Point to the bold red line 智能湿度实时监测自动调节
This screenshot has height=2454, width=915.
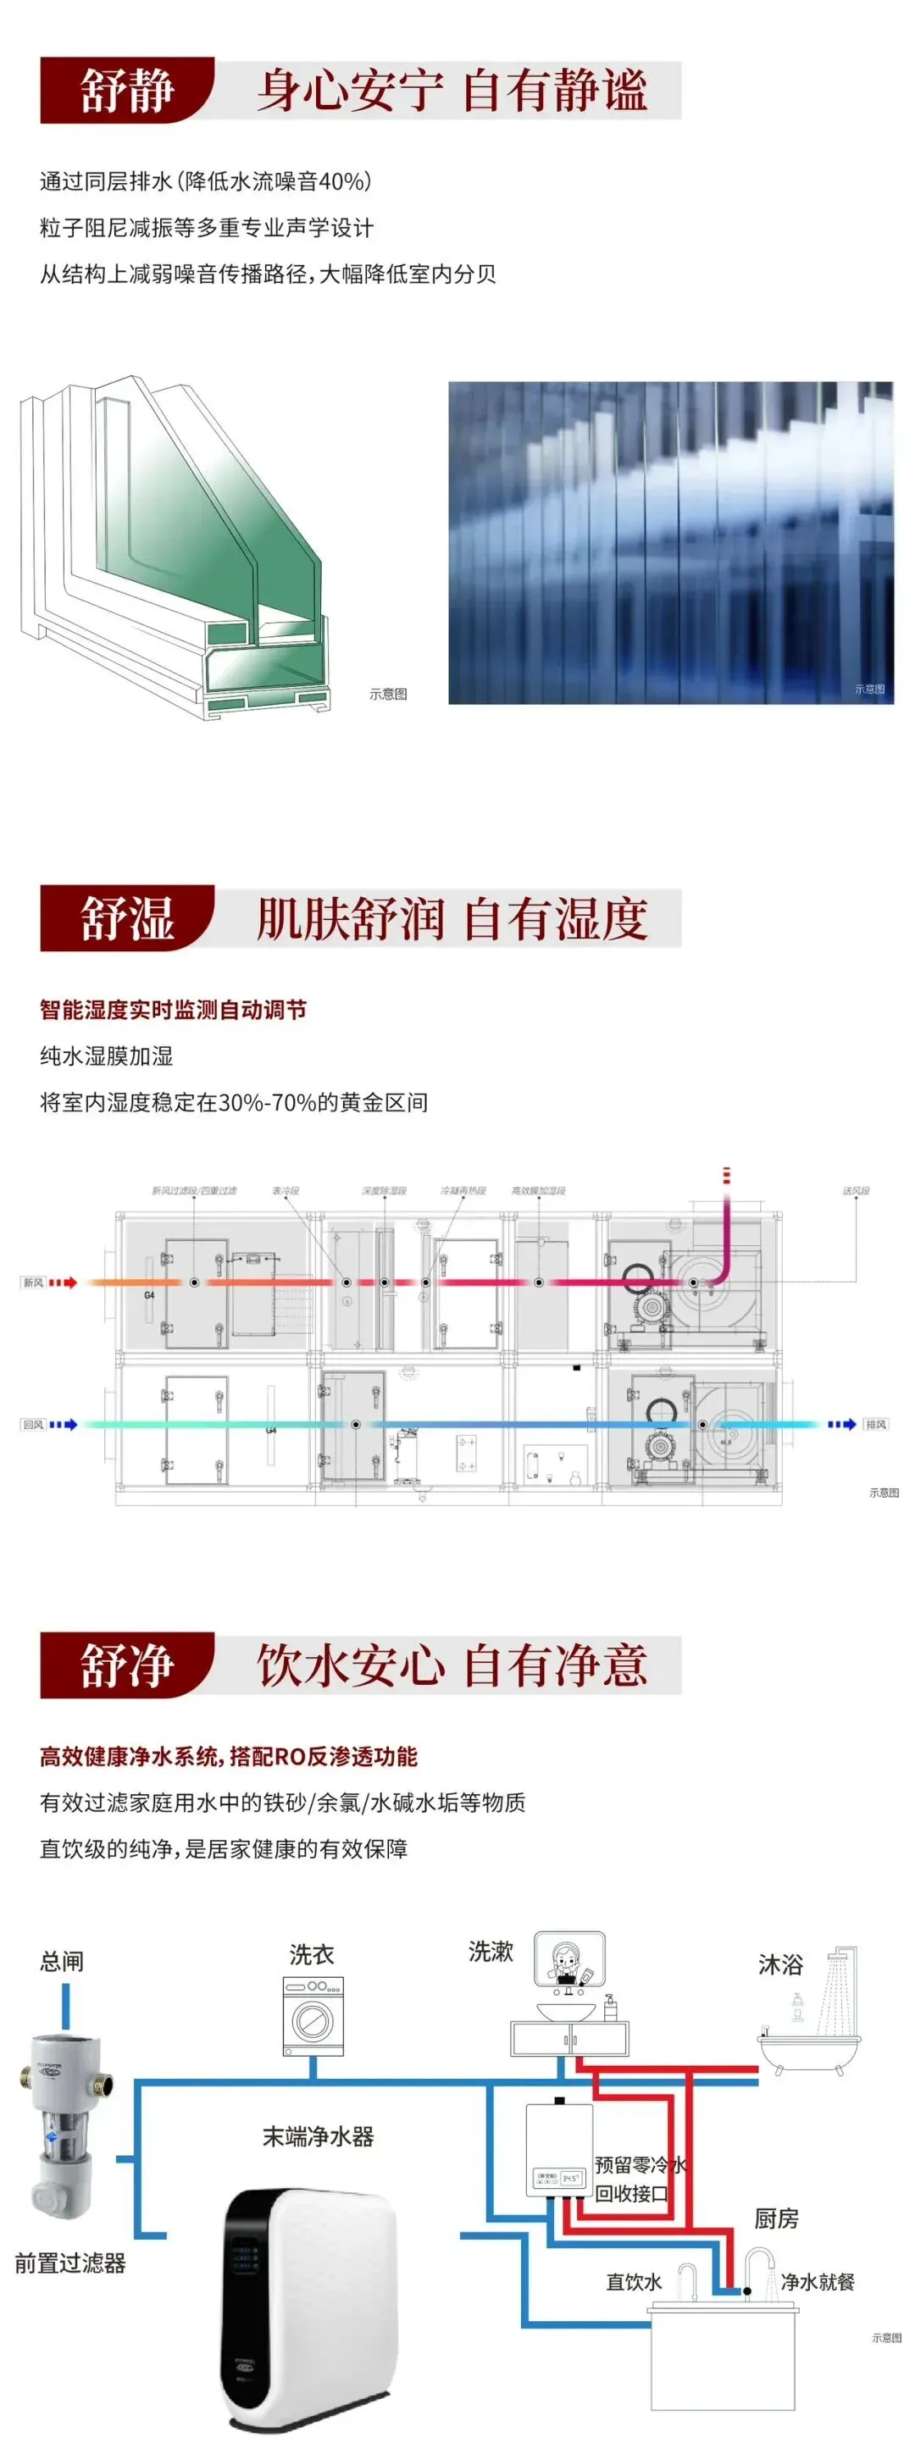[173, 1010]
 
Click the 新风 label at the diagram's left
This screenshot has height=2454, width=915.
[33, 1282]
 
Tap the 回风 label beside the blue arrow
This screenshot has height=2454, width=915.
[33, 1424]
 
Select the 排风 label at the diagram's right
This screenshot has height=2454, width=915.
[876, 1424]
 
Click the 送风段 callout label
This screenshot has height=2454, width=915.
[855, 1191]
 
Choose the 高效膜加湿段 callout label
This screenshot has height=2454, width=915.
[539, 1191]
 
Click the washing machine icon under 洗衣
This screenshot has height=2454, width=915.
[313, 2016]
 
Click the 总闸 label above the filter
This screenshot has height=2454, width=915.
[62, 1962]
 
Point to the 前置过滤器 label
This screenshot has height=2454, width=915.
[70, 2263]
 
